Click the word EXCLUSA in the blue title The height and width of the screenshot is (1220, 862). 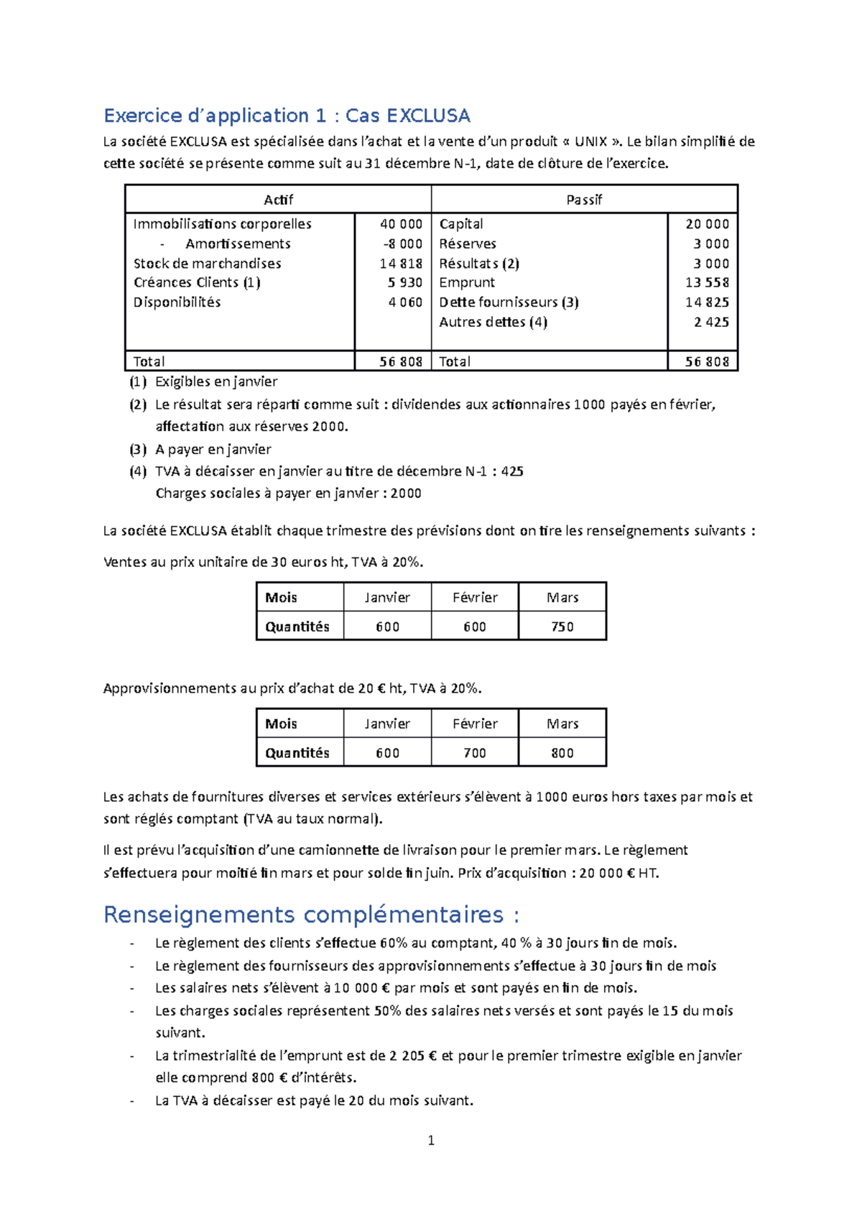click(x=428, y=116)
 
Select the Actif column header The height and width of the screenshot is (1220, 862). click(x=278, y=200)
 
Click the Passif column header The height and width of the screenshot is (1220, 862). click(x=584, y=200)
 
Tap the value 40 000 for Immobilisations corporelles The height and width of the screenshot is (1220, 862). click(x=401, y=224)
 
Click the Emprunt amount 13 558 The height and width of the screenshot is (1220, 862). click(x=707, y=282)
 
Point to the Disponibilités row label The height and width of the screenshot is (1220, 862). click(x=177, y=302)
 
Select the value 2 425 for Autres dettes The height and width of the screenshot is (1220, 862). click(x=711, y=322)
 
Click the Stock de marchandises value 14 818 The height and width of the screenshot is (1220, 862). click(x=401, y=264)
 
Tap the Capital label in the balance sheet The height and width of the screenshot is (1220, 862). click(x=461, y=224)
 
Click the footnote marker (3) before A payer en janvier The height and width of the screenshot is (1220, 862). click(x=138, y=450)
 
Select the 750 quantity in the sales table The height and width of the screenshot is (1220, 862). click(x=562, y=627)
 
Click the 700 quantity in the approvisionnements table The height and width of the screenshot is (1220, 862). click(x=474, y=753)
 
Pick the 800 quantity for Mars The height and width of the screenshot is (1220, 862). click(x=562, y=753)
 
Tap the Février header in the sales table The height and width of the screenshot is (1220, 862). click(x=474, y=598)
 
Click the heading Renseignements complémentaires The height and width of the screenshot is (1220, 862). click(x=311, y=915)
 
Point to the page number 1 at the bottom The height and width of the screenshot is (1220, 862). click(x=431, y=1140)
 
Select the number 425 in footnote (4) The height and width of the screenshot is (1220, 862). click(x=512, y=472)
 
